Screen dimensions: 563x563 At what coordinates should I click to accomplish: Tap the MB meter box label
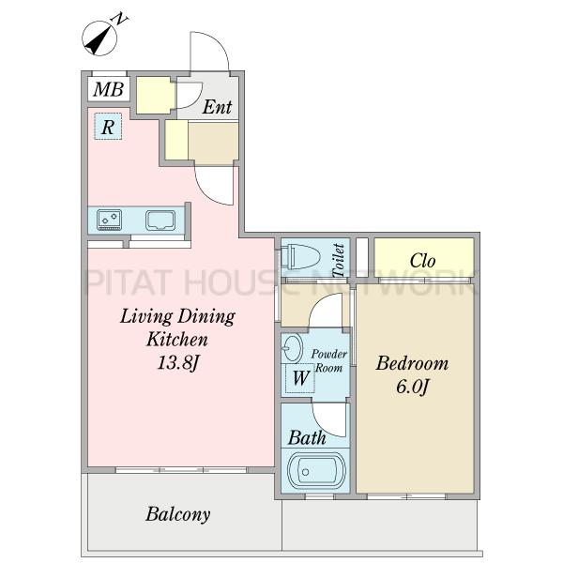click(109, 89)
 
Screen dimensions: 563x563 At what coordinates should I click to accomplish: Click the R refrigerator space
click(108, 126)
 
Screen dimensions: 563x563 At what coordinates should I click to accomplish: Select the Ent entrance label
click(217, 107)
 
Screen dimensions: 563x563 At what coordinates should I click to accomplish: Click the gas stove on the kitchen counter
click(109, 220)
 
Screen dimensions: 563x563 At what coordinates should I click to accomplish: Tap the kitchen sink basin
click(160, 220)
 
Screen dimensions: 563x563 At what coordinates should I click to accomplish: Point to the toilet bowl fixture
click(298, 256)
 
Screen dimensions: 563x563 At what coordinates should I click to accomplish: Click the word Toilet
click(339, 260)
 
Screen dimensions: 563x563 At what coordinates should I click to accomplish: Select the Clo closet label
click(422, 260)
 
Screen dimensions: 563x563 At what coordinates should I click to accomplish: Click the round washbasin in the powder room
click(292, 347)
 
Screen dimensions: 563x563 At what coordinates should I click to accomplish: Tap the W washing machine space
click(300, 378)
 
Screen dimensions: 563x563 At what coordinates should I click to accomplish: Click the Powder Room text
click(328, 361)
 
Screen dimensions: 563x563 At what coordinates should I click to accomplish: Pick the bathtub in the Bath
click(316, 471)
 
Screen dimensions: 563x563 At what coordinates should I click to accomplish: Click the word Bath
click(307, 437)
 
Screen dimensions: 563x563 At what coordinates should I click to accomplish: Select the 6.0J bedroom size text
click(413, 387)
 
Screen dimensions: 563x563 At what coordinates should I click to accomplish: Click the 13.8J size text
click(177, 362)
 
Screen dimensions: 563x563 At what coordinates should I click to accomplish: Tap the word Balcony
click(178, 514)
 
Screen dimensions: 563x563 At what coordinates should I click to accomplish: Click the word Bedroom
click(412, 363)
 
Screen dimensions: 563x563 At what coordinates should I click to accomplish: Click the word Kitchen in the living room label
click(177, 339)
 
